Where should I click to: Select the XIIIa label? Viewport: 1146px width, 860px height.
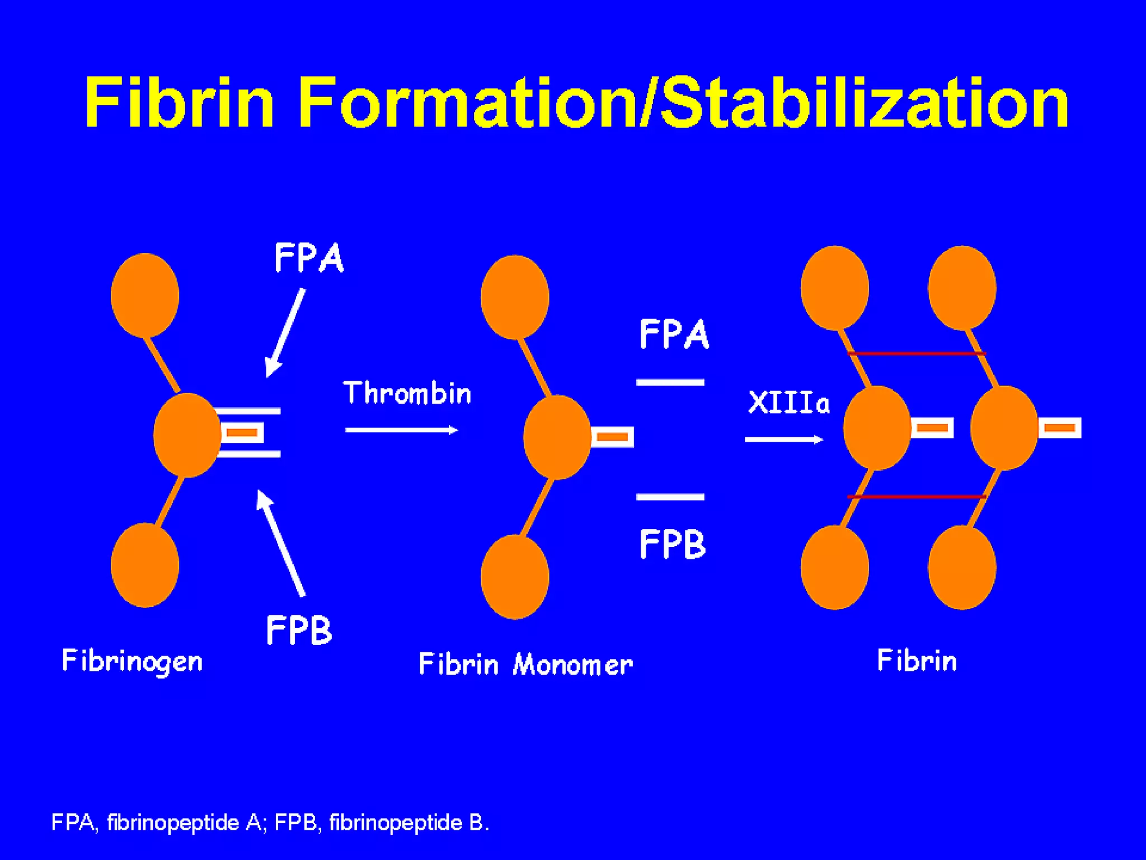point(788,403)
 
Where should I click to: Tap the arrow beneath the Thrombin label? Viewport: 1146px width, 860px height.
point(401,430)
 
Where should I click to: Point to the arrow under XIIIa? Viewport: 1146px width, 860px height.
point(783,440)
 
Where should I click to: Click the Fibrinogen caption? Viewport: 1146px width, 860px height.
point(132,661)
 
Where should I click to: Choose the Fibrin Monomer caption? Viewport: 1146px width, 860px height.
point(525,665)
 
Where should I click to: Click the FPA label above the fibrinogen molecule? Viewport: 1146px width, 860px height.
point(309,258)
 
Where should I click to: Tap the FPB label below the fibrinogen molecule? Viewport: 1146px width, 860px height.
point(299,630)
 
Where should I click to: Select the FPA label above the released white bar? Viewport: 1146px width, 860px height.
point(674,334)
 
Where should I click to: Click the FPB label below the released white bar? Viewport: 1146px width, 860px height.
point(673,544)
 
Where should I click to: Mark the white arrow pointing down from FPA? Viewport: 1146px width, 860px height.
point(285,333)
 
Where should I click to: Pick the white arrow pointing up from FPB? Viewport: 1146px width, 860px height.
point(281,543)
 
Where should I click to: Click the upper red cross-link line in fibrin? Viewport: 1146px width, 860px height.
point(917,353)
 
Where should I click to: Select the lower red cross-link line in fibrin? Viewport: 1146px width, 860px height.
point(917,497)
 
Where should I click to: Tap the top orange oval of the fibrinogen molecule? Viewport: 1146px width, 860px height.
point(145,295)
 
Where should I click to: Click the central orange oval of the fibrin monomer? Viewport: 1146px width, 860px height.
point(557,437)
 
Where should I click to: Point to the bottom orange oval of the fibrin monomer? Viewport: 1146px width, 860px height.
point(515,577)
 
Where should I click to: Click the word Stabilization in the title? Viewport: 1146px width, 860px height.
point(865,103)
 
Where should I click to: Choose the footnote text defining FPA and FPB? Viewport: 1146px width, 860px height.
point(270,822)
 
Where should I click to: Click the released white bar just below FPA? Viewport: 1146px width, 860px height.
point(670,382)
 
